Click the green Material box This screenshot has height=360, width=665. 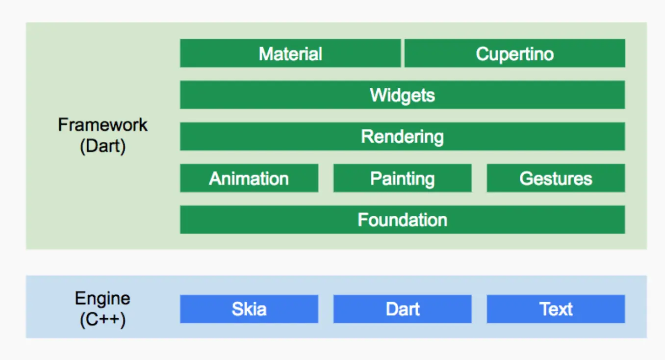click(290, 53)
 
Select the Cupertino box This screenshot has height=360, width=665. click(515, 53)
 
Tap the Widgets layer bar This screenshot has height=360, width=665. click(403, 95)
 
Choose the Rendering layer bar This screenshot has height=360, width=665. click(403, 136)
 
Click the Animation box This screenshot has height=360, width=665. click(249, 178)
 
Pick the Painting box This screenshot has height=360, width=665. click(403, 178)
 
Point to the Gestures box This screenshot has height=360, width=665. click(556, 178)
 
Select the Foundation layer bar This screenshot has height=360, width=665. click(403, 220)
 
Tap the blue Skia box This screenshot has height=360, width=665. click(249, 309)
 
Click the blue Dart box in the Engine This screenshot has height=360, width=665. click(403, 309)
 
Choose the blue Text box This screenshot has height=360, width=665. click(556, 309)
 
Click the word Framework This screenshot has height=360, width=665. click(102, 125)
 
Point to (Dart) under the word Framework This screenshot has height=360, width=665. click(102, 146)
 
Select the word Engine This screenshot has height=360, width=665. click(102, 299)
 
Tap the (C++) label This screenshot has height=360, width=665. click(102, 320)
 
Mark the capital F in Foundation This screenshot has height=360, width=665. click(362, 220)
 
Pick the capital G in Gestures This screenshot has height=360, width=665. click(526, 179)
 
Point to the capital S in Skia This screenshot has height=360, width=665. click(238, 309)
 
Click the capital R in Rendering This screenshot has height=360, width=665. click(367, 136)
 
